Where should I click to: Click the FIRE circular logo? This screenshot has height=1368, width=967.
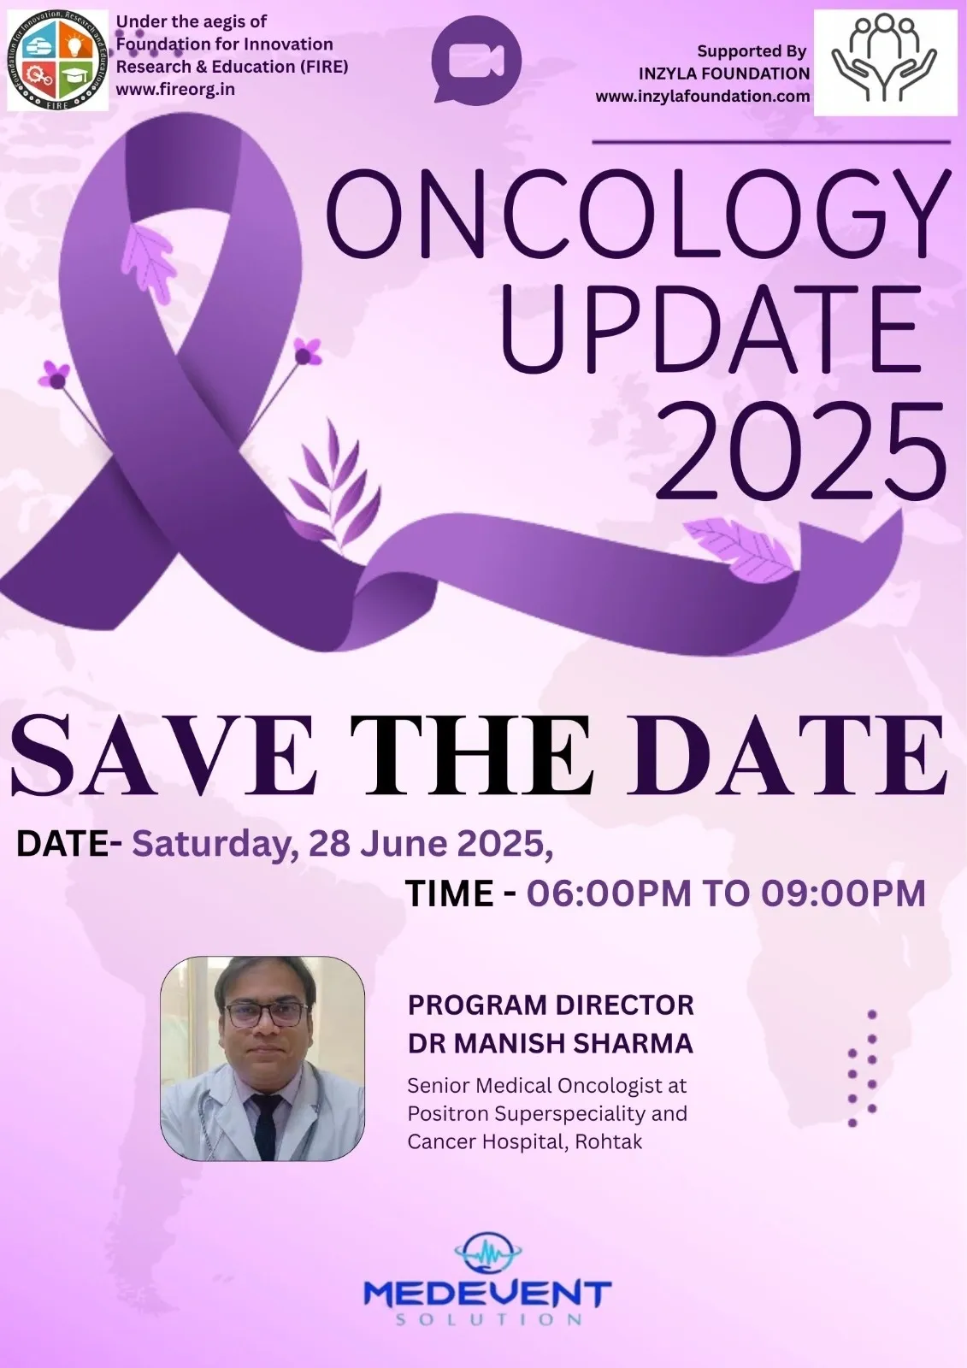pyautogui.click(x=57, y=60)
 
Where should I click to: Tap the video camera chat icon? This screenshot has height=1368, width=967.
pyautogui.click(x=476, y=60)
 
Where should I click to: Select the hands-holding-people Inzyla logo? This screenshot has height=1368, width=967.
pyautogui.click(x=885, y=62)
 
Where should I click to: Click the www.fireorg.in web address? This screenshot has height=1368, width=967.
pyautogui.click(x=175, y=89)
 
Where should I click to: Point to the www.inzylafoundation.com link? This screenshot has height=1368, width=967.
pyautogui.click(x=703, y=97)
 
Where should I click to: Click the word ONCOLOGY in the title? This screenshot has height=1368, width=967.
pyautogui.click(x=639, y=215)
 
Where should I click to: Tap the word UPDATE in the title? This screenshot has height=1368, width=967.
pyautogui.click(x=711, y=330)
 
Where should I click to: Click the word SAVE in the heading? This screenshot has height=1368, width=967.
pyautogui.click(x=165, y=756)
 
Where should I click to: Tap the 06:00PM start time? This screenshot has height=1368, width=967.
pyautogui.click(x=609, y=893)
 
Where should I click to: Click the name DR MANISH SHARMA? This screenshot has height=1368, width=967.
pyautogui.click(x=551, y=1044)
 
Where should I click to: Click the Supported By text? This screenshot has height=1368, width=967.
pyautogui.click(x=752, y=51)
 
